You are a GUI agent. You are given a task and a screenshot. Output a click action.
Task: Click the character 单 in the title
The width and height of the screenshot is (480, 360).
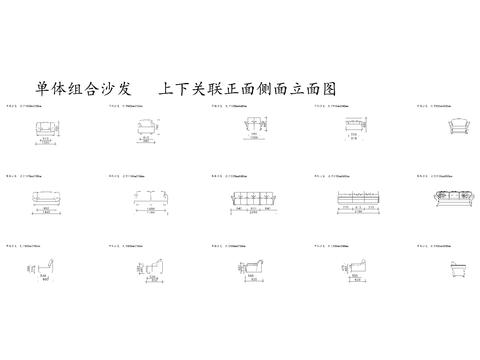43,88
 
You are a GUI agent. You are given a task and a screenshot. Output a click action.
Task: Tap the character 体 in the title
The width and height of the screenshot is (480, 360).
61,88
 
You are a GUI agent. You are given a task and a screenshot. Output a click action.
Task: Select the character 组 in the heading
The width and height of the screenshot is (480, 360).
79,88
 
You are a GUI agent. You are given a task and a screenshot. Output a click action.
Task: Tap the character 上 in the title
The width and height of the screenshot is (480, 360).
167,88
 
